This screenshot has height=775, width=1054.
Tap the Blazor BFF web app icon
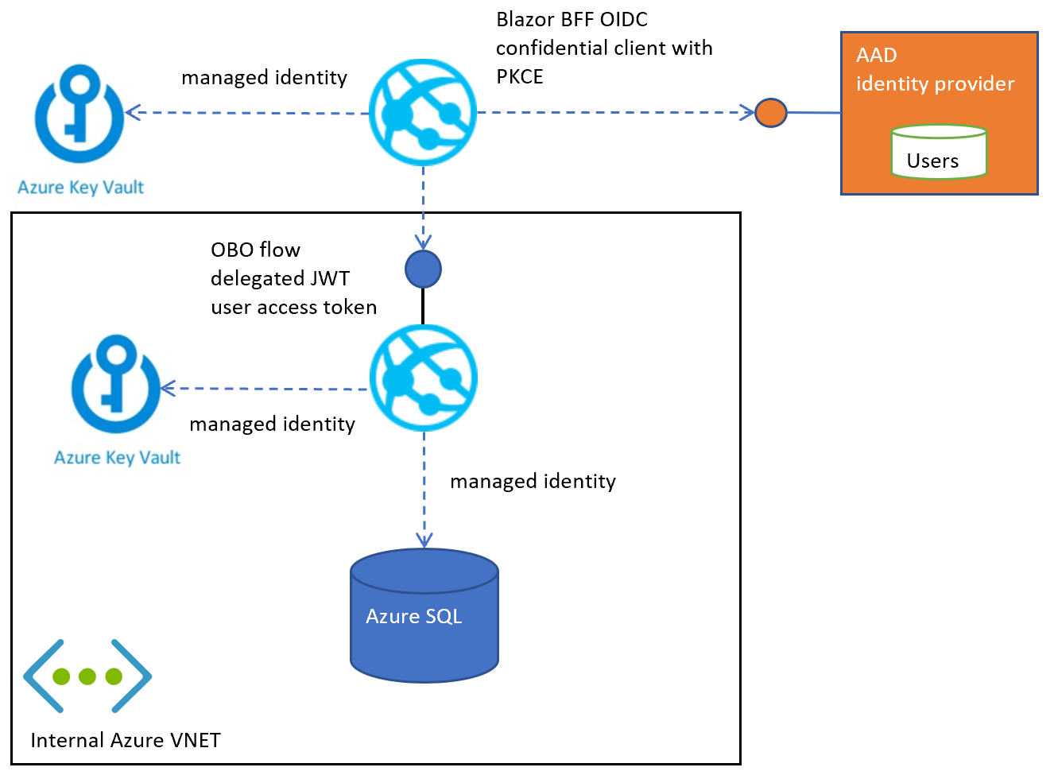point(423,112)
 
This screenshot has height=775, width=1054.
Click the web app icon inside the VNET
point(424,378)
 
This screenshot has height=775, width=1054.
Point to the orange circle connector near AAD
point(770,113)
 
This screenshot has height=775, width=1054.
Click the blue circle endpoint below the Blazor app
point(423,269)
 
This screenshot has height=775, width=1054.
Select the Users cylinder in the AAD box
point(939,152)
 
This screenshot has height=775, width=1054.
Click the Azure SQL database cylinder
point(424,615)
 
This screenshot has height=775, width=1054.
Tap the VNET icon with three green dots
point(87,676)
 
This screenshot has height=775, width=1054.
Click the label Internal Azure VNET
point(126,740)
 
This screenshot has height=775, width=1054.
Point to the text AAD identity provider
point(935,70)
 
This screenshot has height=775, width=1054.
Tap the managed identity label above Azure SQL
point(533,481)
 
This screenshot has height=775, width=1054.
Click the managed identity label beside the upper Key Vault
point(264,77)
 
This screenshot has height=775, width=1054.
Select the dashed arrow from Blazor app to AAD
point(612,113)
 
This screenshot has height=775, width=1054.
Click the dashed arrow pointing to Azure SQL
point(424,489)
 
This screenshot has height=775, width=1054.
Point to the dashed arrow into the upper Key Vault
point(246,113)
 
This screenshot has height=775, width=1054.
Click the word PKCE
point(520,76)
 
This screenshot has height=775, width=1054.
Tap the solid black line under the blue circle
point(423,305)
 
